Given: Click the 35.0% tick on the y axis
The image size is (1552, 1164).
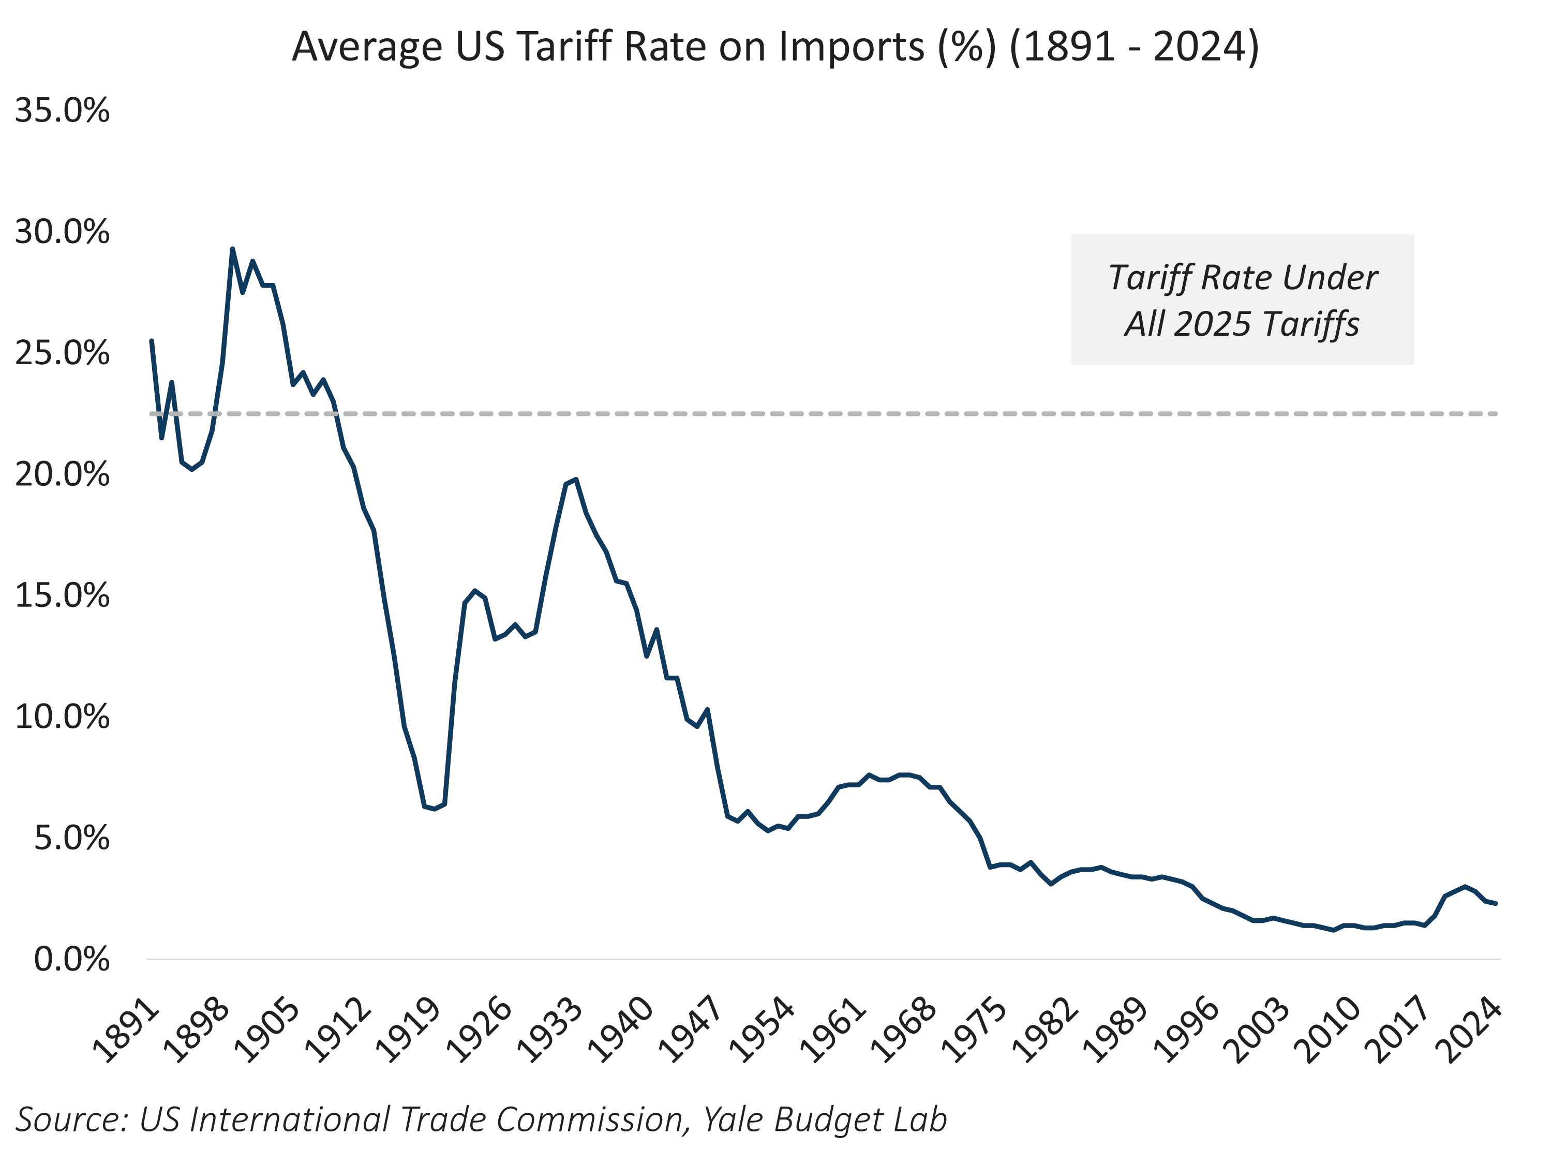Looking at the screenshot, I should [62, 111].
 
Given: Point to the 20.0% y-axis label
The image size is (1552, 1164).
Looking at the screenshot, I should [62, 475].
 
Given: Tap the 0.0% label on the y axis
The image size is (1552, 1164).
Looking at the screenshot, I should [71, 959].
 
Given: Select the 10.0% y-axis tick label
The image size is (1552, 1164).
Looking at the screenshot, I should [62, 717].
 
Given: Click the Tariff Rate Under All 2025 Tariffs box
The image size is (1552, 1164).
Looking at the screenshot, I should [1242, 300].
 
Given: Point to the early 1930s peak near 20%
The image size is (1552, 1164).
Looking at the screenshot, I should [575, 480].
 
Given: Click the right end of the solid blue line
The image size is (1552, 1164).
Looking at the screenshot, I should [1496, 904].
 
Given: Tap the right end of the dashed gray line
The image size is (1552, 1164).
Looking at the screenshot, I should [1497, 414].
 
